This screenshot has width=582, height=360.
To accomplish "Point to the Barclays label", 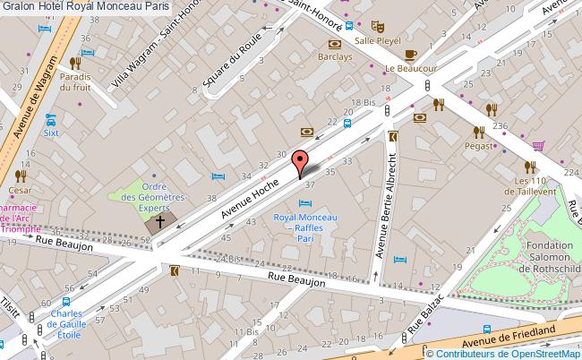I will click(335, 56).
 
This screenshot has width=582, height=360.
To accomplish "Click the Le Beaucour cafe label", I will click(410, 67).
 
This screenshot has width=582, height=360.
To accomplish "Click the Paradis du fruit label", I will click(76, 81).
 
